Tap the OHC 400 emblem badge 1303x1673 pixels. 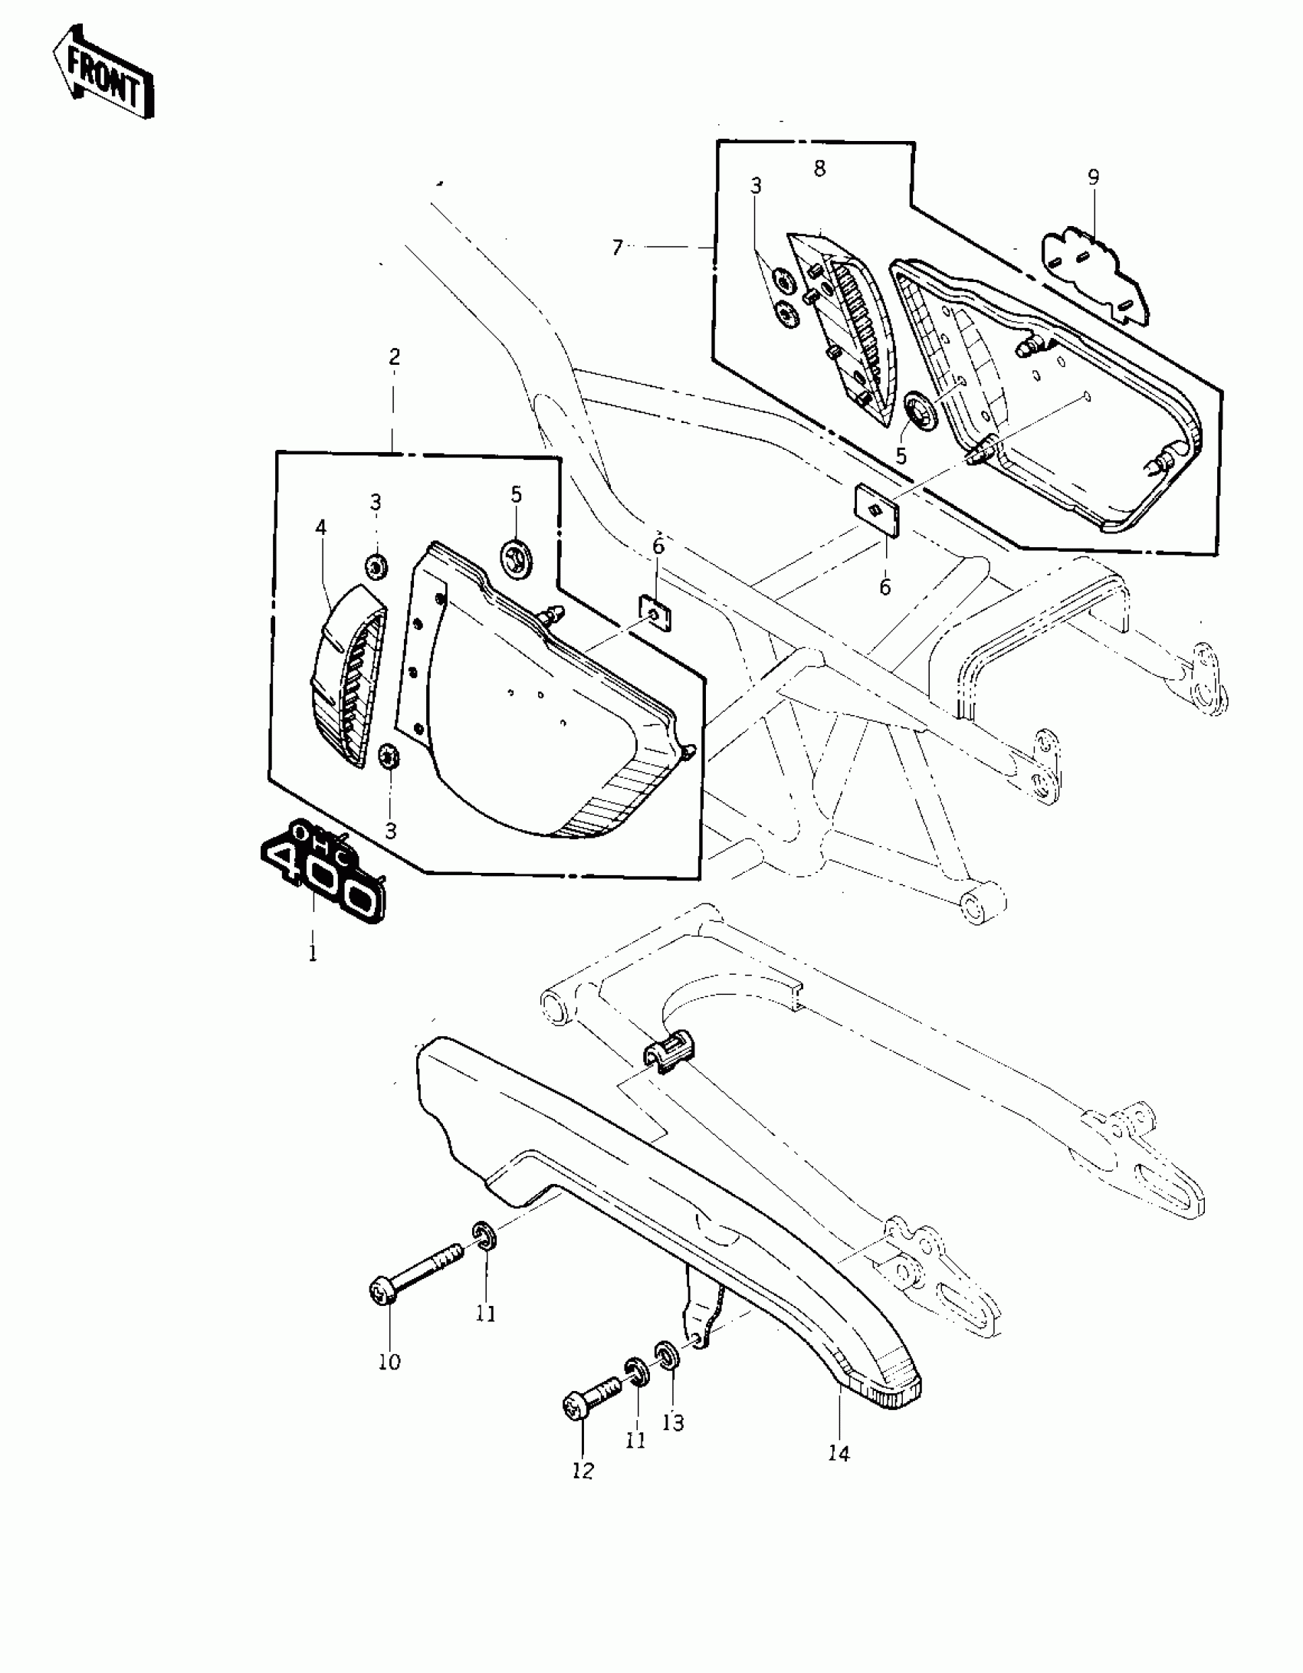[322, 873]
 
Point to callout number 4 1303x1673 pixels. [320, 527]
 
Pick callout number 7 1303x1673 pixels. [617, 248]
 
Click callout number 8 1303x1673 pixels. [819, 169]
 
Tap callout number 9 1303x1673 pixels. [1093, 177]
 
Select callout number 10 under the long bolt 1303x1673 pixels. [389, 1362]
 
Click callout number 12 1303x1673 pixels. [583, 1471]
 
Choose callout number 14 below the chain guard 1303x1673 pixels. [839, 1452]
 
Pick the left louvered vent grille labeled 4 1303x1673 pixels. [349, 674]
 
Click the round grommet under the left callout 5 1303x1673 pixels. [516, 555]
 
